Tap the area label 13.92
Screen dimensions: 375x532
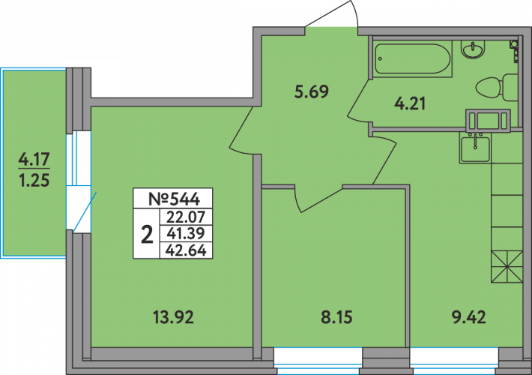pos(172,317)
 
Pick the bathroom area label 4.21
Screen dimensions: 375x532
pos(410,104)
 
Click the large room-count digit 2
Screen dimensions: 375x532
pos(146,234)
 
